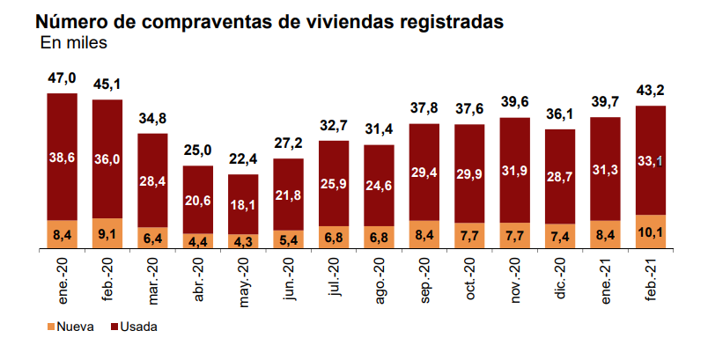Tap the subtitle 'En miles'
coord(74,43)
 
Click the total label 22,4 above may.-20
coord(244,160)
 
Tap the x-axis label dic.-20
coord(561,280)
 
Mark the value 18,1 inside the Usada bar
coord(244,204)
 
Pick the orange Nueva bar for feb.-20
coord(107,233)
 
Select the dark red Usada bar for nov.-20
coord(515,167)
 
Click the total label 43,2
coord(652,91)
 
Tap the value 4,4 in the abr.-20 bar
coord(199,240)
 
